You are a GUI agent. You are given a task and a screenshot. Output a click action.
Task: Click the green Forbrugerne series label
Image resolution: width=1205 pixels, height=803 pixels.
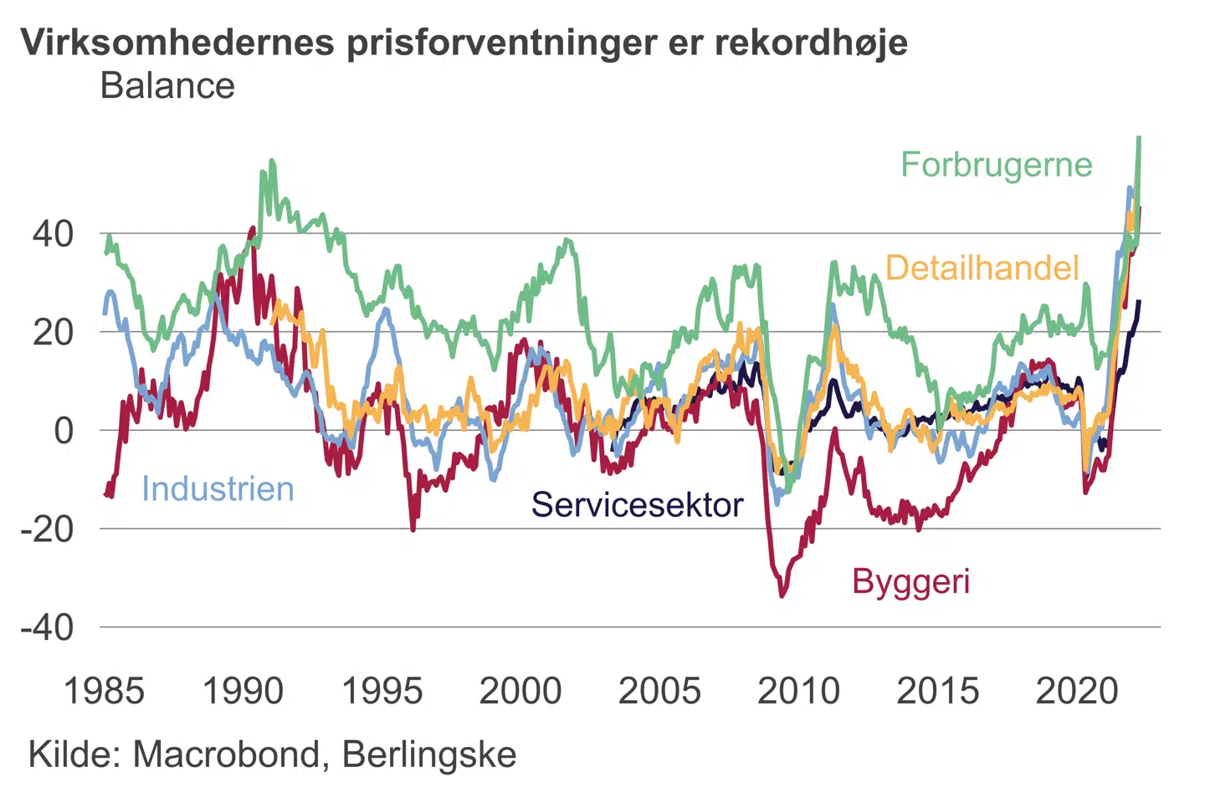(996, 165)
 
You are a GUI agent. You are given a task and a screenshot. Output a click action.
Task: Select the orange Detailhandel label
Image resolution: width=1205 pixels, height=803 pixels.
(982, 268)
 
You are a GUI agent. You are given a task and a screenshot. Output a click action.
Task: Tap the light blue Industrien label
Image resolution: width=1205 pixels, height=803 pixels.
(218, 488)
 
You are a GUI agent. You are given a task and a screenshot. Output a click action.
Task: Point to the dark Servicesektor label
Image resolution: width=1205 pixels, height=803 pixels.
(637, 504)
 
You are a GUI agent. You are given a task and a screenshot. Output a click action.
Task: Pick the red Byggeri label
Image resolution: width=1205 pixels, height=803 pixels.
(910, 581)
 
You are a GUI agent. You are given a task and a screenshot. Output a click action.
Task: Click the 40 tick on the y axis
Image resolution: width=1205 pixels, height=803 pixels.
(53, 234)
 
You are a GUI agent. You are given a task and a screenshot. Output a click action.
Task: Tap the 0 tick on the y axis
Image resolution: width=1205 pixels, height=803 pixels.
(64, 431)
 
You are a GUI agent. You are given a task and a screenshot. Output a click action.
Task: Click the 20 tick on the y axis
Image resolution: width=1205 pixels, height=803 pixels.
(53, 332)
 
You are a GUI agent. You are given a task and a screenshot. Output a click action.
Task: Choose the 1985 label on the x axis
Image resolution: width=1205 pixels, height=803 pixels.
(104, 691)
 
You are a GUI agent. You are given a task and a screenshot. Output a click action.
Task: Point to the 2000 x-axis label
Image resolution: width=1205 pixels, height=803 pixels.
(520, 691)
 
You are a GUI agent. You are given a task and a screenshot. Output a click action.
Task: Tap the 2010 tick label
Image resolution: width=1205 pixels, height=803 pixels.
(798, 691)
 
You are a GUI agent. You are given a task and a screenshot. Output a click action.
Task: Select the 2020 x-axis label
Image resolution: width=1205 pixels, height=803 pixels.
(1077, 691)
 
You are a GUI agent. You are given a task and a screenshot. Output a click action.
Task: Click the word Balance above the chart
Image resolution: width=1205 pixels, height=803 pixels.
(167, 86)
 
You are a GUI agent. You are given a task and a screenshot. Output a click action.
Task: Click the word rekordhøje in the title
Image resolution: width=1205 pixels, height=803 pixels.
(811, 43)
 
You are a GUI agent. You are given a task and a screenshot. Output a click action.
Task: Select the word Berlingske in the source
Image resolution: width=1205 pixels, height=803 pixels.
(429, 754)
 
